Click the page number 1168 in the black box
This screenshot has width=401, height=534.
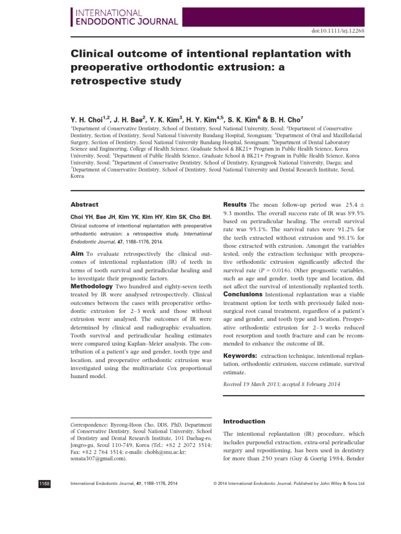pos(44,483)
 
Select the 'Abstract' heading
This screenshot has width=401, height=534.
pos(84,205)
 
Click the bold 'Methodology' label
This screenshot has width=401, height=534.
pos(91,286)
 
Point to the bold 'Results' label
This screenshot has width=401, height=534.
pos(235,204)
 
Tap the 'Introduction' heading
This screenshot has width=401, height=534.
pos(244,421)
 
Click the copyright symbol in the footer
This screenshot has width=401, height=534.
pos(216,484)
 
